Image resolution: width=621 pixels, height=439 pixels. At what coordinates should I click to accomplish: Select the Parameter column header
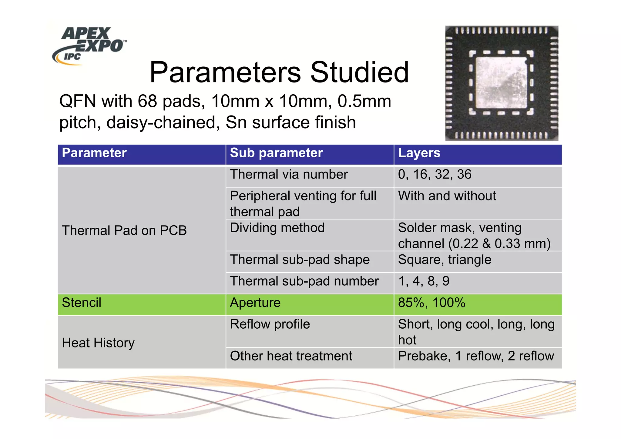tap(94, 153)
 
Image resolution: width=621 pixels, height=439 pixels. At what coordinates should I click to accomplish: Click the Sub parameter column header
tap(276, 153)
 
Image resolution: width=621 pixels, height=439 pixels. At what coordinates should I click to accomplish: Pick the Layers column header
tap(419, 153)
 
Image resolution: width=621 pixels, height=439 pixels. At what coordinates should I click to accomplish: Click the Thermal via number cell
tap(289, 175)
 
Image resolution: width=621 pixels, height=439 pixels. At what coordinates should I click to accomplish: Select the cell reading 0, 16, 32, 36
tap(435, 175)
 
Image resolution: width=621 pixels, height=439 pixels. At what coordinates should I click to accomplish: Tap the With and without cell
tap(447, 196)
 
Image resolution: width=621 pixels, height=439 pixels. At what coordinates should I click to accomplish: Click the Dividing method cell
tap(277, 228)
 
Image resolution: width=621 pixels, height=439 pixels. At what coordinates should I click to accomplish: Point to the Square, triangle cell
tap(445, 260)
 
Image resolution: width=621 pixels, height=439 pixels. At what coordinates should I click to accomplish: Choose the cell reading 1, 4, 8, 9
tap(424, 281)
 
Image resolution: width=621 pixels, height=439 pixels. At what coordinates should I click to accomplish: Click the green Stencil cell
tap(82, 303)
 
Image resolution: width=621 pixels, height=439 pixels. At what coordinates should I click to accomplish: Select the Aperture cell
tap(255, 303)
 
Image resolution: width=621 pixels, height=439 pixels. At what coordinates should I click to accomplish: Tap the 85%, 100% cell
tap(431, 303)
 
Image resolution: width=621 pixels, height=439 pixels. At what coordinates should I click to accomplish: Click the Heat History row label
tap(98, 343)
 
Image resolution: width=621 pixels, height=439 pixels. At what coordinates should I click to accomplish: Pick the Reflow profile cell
tap(270, 324)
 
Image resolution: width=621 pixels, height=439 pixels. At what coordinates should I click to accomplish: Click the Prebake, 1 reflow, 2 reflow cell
tap(476, 356)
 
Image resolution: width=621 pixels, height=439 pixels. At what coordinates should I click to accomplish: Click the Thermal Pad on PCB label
tap(124, 230)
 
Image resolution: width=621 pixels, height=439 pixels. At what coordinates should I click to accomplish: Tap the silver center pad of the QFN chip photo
tap(501, 82)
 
